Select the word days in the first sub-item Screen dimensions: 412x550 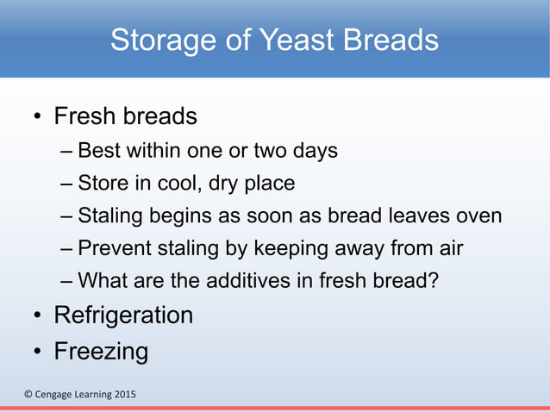(x=315, y=151)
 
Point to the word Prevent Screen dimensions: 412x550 (x=112, y=249)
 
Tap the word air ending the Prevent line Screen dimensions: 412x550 (x=448, y=249)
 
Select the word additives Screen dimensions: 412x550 (x=223, y=282)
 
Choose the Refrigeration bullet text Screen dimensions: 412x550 (x=123, y=315)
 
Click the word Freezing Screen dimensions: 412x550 (x=101, y=352)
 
